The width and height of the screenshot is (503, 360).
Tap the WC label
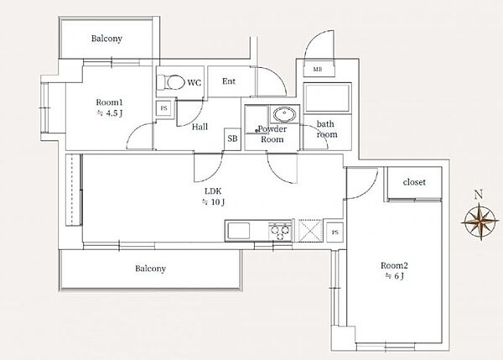(194, 83)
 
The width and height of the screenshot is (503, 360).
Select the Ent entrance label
(229, 81)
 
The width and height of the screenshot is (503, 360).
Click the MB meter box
(318, 70)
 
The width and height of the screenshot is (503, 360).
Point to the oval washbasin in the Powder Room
(284, 114)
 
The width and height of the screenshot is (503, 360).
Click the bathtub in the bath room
(327, 98)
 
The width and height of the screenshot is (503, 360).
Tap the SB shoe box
(232, 138)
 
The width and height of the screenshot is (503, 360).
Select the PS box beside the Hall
(164, 108)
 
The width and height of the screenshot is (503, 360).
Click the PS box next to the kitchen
(335, 232)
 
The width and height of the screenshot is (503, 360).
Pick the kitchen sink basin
(238, 231)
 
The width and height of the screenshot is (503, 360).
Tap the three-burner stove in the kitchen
(280, 232)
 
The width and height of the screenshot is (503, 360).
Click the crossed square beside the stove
(310, 231)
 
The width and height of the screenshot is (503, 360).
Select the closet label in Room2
(414, 182)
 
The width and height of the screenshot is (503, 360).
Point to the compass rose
(480, 221)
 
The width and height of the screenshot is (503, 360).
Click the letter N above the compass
(479, 195)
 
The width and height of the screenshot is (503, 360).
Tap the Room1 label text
(109, 102)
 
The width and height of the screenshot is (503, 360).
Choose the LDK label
(213, 191)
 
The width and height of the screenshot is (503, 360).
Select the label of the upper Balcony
(106, 39)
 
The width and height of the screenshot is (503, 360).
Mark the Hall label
(200, 127)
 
